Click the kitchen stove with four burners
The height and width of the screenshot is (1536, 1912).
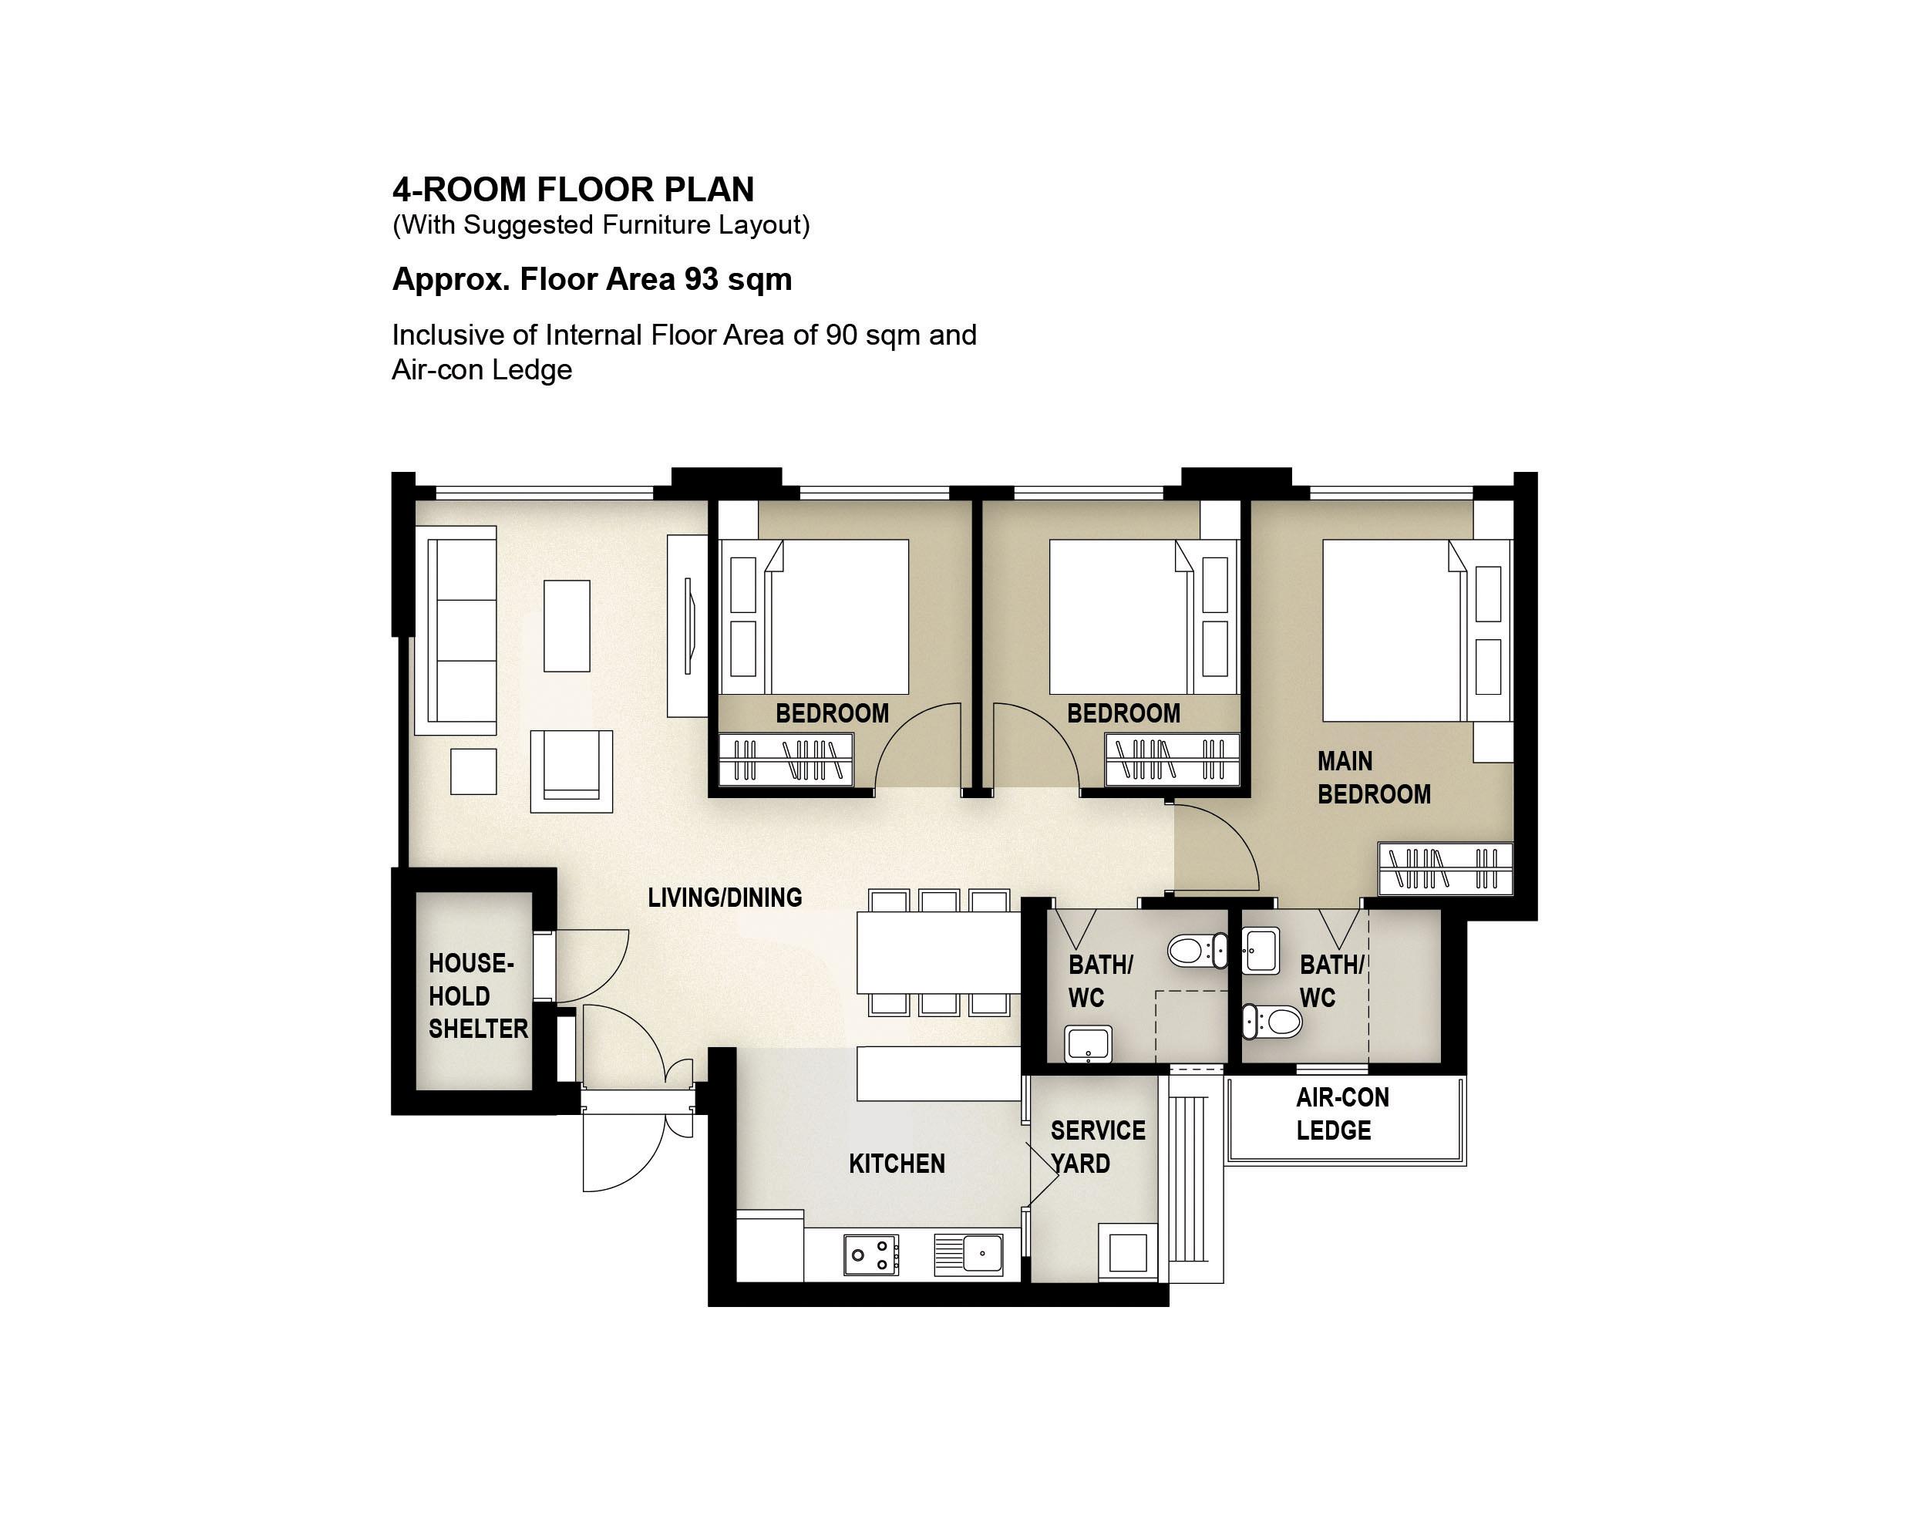tap(871, 1255)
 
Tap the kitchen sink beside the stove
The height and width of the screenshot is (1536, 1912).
tap(968, 1255)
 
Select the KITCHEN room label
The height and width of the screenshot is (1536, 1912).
tap(897, 1164)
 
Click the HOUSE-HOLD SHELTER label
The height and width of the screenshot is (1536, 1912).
tap(478, 996)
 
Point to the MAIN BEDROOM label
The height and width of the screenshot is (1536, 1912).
tap(1374, 778)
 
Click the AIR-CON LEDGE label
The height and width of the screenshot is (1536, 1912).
tap(1341, 1114)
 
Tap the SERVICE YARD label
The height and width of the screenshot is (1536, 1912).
tap(1098, 1147)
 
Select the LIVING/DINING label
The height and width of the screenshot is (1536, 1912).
tap(725, 898)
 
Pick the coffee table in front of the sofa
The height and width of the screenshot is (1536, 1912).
tap(567, 626)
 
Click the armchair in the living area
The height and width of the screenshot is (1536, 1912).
tap(571, 770)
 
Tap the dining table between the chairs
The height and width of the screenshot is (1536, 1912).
tap(939, 953)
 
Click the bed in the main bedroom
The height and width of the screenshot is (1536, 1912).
tap(1417, 631)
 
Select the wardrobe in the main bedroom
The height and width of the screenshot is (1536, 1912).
tap(1446, 868)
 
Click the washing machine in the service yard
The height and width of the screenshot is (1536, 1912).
tap(1128, 1252)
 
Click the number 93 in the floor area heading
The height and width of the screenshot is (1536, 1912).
tap(701, 279)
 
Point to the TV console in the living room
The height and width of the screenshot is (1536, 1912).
tap(687, 625)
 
